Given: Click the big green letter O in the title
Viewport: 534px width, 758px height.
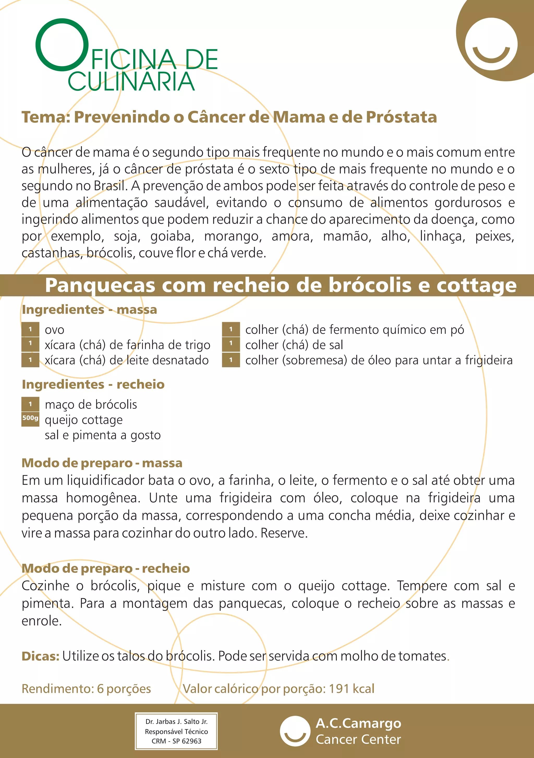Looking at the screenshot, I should [x=62, y=45].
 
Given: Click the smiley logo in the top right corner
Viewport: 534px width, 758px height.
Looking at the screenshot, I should [x=491, y=44].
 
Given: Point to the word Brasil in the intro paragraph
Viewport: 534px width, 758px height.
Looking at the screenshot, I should [x=110, y=186].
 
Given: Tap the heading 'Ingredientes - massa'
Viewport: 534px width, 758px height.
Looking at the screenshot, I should [x=89, y=310].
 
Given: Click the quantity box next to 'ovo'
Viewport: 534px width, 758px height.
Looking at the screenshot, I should [x=30, y=329].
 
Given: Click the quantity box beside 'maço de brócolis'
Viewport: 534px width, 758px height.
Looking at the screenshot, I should [x=30, y=404].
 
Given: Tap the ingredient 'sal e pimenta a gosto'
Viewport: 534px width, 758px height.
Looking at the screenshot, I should [x=103, y=435].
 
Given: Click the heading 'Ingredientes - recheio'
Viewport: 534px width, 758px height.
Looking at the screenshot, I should [x=93, y=385].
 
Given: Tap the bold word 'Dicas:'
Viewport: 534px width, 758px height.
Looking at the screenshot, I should [x=40, y=656].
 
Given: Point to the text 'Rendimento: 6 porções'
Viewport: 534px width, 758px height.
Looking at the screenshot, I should [x=86, y=689].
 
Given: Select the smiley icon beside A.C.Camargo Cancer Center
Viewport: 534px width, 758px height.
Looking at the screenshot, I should [x=295, y=731].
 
